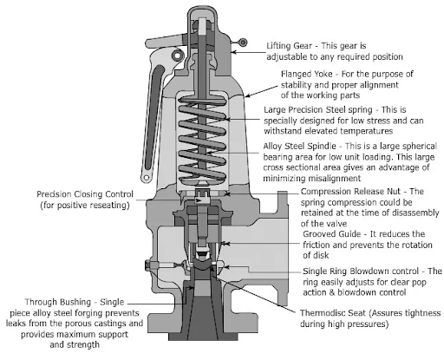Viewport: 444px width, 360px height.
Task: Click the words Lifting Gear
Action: click(x=289, y=46)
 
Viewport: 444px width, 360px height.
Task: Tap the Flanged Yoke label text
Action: click(x=306, y=74)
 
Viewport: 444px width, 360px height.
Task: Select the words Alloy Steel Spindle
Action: click(x=299, y=146)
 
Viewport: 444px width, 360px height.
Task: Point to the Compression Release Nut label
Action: click(x=350, y=192)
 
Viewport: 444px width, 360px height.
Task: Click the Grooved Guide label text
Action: click(x=332, y=234)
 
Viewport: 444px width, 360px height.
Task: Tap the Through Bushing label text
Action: click(x=58, y=302)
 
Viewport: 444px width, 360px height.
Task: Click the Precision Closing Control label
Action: click(x=85, y=194)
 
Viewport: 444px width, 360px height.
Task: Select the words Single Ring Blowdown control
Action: click(x=361, y=272)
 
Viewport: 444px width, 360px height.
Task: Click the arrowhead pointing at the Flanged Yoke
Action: click(x=247, y=95)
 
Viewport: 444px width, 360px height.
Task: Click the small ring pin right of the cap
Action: click(x=244, y=43)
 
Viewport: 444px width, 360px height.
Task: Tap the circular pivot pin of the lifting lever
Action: click(x=177, y=56)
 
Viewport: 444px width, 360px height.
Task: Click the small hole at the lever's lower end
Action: click(x=147, y=177)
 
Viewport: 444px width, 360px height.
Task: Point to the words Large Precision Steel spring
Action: click(x=318, y=110)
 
